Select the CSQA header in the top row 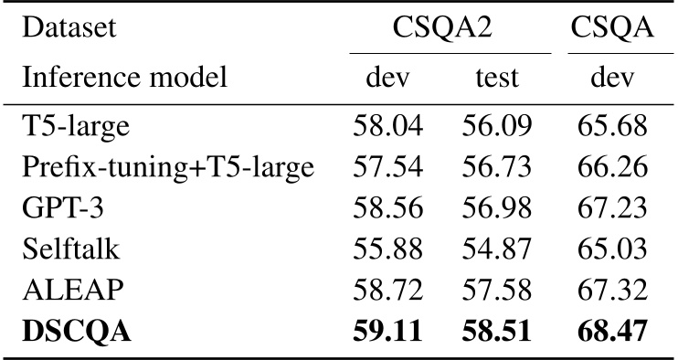pos(611,29)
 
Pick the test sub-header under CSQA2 pos(496,79)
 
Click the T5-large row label pos(76,125)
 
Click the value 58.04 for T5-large pos(387,125)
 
